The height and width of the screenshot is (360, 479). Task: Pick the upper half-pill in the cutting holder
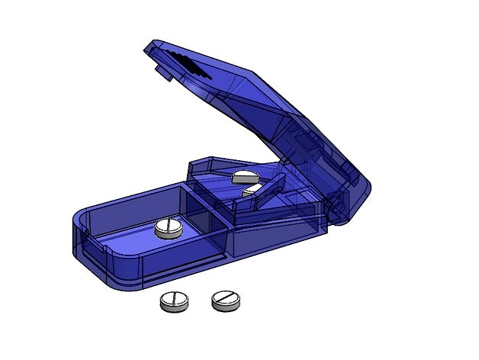click(244, 178)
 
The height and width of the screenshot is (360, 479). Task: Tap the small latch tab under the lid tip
click(162, 73)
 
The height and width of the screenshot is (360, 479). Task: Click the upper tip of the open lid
click(150, 48)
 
